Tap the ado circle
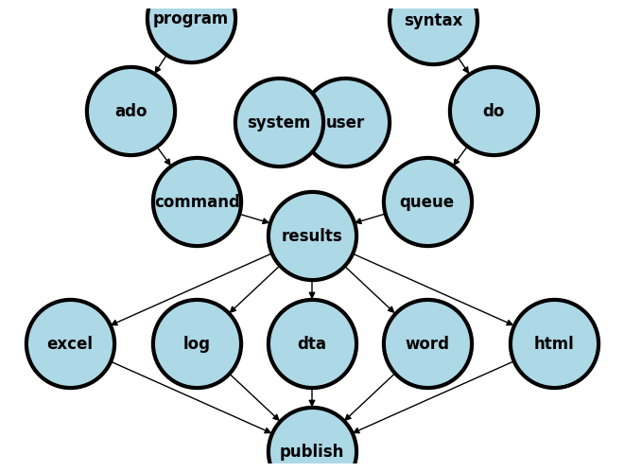click(x=130, y=111)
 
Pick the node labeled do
click(x=494, y=111)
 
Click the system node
click(x=278, y=122)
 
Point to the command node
click(x=197, y=201)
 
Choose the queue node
click(x=427, y=201)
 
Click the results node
click(x=312, y=236)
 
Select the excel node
click(x=70, y=343)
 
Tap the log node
click(x=197, y=343)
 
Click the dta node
click(x=312, y=343)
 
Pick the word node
click(x=427, y=343)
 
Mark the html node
click(x=554, y=343)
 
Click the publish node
click(x=312, y=450)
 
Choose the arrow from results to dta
click(x=312, y=289)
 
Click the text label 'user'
click(x=346, y=122)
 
